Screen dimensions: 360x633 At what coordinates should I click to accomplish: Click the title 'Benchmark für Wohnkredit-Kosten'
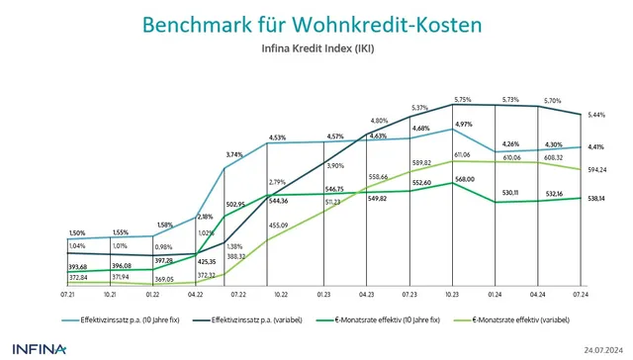(x=316, y=24)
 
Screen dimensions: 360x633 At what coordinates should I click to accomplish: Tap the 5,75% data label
(x=464, y=100)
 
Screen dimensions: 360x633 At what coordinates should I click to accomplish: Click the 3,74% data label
(x=234, y=154)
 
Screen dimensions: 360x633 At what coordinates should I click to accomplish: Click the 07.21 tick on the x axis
(x=71, y=296)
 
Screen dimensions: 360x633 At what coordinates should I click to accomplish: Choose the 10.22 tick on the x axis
(x=280, y=296)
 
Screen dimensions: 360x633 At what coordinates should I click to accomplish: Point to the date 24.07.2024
(x=604, y=350)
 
